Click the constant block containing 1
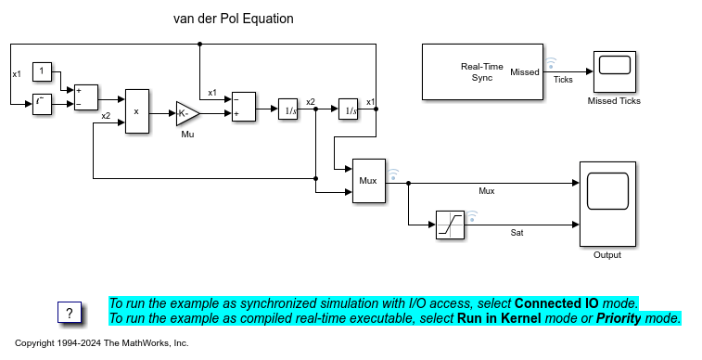pyautogui.click(x=42, y=71)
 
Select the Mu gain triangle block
pyautogui.click(x=187, y=114)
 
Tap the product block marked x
pyautogui.click(x=137, y=111)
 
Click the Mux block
pyautogui.click(x=369, y=181)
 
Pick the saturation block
pyautogui.click(x=450, y=225)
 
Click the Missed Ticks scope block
pyautogui.click(x=614, y=71)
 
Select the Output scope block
pyautogui.click(x=607, y=204)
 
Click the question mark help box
pyautogui.click(x=70, y=313)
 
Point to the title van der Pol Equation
pyautogui.click(x=234, y=19)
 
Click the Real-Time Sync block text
pyautogui.click(x=482, y=72)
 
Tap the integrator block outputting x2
pyautogui.click(x=287, y=109)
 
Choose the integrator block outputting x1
pyautogui.click(x=348, y=109)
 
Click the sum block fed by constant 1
pyautogui.click(x=86, y=97)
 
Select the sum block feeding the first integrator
pyautogui.click(x=244, y=107)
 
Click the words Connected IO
pyautogui.click(x=556, y=303)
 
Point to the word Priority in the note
pyautogui.click(x=619, y=318)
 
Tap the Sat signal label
pyautogui.click(x=517, y=233)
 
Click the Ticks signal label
pyautogui.click(x=563, y=80)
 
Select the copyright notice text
pyautogui.click(x=102, y=343)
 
